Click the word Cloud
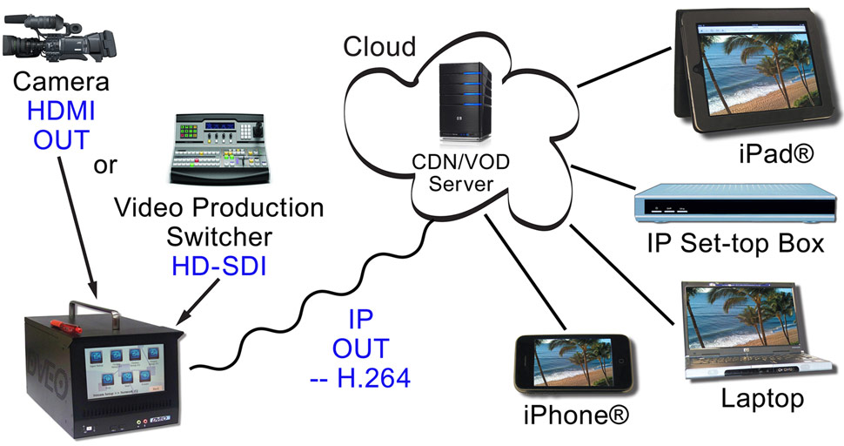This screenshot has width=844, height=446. pyautogui.click(x=379, y=45)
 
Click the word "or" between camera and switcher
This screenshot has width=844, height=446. pyautogui.click(x=106, y=165)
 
